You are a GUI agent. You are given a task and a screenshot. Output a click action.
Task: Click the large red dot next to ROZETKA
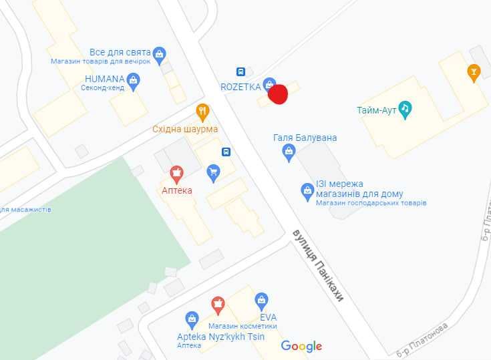[277, 94]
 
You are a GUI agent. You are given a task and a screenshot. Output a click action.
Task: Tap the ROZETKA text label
[240, 87]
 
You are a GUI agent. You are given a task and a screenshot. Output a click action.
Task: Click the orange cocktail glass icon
[474, 71]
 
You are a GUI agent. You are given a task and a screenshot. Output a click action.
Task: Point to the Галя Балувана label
[305, 138]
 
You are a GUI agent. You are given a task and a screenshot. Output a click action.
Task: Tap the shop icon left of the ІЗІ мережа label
[307, 190]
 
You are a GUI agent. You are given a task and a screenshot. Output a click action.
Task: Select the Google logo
[301, 346]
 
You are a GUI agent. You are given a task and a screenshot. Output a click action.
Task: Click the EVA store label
[269, 317]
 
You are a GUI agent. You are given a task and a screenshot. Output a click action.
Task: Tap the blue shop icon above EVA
[262, 300]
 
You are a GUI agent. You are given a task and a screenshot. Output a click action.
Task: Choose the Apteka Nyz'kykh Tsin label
[220, 337]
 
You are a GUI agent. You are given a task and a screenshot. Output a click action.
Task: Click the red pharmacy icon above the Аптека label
[177, 175]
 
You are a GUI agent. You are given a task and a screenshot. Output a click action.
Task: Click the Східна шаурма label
[185, 129]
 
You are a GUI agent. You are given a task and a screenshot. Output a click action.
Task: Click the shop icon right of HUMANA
[134, 81]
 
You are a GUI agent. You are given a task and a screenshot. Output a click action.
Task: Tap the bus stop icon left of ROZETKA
[240, 71]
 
